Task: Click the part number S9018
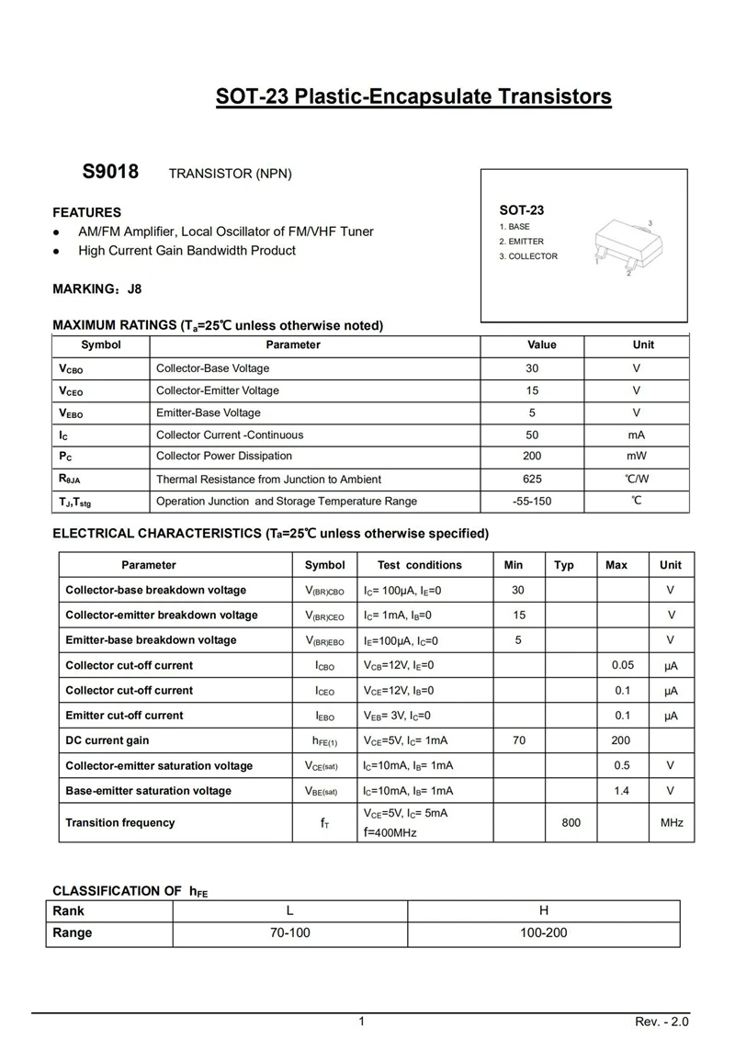[110, 173]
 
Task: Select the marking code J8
[134, 288]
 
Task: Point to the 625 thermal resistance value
[533, 479]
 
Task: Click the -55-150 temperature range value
[533, 502]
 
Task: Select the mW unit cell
[637, 456]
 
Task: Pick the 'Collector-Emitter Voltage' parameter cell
[218, 390]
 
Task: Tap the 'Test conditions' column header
[420, 565]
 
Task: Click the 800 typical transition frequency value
[571, 823]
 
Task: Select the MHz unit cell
[672, 823]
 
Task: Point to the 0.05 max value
[623, 665]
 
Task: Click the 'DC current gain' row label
[107, 740]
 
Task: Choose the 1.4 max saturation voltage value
[623, 791]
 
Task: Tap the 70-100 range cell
[289, 933]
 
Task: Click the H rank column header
[544, 911]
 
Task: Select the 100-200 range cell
[544, 933]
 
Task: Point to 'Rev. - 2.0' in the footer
[661, 1022]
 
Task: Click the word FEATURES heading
[86, 212]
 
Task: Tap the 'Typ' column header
[564, 565]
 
